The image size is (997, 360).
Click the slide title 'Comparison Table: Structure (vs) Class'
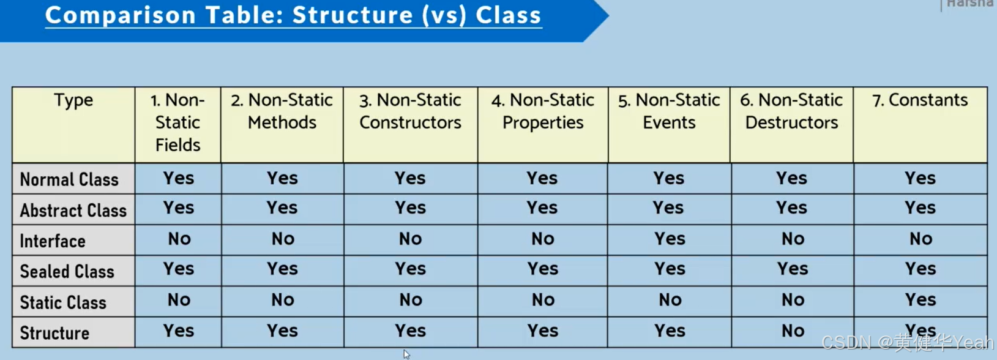click(x=293, y=15)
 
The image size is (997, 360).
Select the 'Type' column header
click(x=73, y=100)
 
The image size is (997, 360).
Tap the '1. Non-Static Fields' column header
click(x=177, y=122)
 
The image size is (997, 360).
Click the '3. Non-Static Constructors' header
click(x=410, y=111)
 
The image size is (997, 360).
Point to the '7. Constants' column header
click(x=920, y=100)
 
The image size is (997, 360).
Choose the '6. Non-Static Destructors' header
click(x=791, y=111)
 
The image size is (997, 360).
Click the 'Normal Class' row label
click(x=69, y=179)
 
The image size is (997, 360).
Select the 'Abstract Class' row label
click(x=73, y=211)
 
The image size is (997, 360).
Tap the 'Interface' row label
click(x=53, y=241)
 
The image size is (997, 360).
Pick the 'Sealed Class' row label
click(x=67, y=272)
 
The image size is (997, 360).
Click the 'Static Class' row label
click(x=63, y=302)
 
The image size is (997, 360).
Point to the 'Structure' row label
click(x=54, y=333)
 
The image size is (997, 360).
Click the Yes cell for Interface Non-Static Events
click(x=670, y=239)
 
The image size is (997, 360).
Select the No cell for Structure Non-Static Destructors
click(x=793, y=331)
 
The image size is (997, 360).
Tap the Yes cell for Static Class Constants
click(x=920, y=300)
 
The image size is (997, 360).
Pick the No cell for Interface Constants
click(x=920, y=239)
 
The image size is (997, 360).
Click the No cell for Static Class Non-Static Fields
click(x=179, y=300)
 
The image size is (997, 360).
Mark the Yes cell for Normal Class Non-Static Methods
click(x=282, y=178)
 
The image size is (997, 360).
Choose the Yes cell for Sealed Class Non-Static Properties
click(x=542, y=269)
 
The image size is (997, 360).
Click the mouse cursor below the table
click(x=406, y=354)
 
